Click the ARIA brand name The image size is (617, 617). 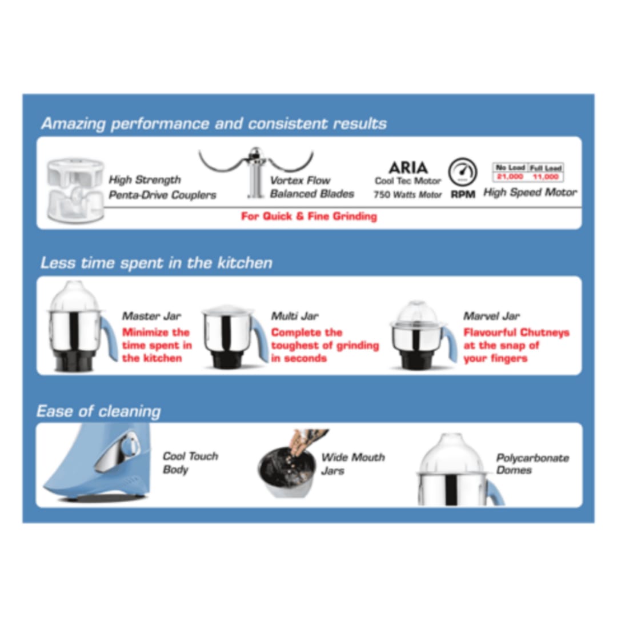(408, 167)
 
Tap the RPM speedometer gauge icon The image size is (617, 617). (463, 172)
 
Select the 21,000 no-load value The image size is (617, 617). (510, 177)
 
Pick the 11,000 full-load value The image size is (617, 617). (546, 177)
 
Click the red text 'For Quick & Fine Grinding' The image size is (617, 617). (309, 216)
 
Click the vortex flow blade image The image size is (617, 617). (256, 171)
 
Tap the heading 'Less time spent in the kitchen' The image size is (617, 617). (157, 262)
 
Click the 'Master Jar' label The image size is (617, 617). (151, 316)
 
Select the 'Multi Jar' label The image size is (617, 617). (295, 316)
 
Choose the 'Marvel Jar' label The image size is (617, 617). (491, 316)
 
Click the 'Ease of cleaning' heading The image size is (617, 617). (99, 411)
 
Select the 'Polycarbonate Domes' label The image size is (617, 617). (532, 464)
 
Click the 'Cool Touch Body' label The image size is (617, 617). (190, 463)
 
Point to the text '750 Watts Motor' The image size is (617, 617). (408, 194)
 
